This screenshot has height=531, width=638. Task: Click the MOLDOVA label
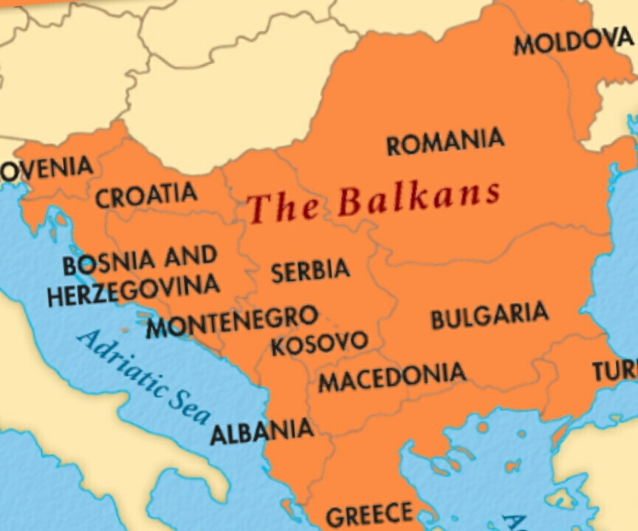click(x=573, y=43)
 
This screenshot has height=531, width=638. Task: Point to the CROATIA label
click(x=146, y=196)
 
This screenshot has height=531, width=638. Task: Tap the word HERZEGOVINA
click(x=133, y=290)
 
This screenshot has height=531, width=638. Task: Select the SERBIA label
click(x=310, y=271)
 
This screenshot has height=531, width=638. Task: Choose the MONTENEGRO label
click(x=232, y=323)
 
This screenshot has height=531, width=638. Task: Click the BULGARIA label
click(x=489, y=316)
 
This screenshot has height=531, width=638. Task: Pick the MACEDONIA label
click(x=392, y=377)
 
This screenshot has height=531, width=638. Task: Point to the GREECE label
click(x=369, y=515)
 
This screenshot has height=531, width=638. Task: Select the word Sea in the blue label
click(x=191, y=405)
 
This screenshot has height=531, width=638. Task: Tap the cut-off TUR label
click(x=614, y=371)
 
